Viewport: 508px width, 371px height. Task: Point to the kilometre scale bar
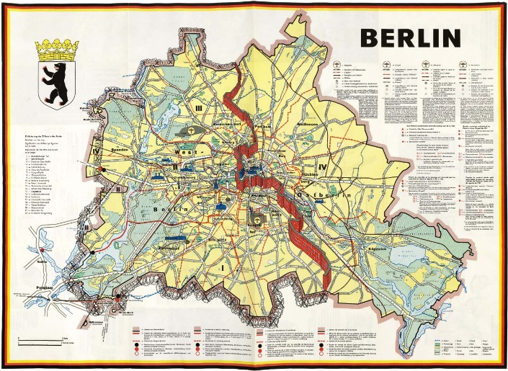(43, 336)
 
